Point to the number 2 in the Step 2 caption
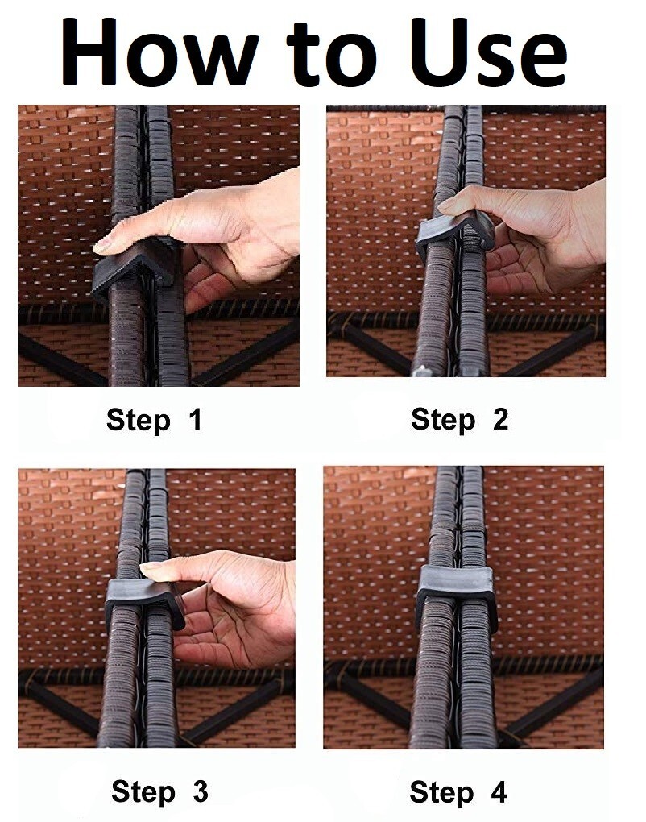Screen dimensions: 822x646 click(500, 419)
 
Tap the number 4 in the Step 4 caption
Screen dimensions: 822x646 click(499, 791)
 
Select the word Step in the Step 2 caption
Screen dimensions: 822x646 click(443, 420)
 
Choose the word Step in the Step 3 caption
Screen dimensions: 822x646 click(143, 791)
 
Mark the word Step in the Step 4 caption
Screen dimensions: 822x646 click(441, 792)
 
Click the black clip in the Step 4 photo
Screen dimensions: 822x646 click(457, 592)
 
